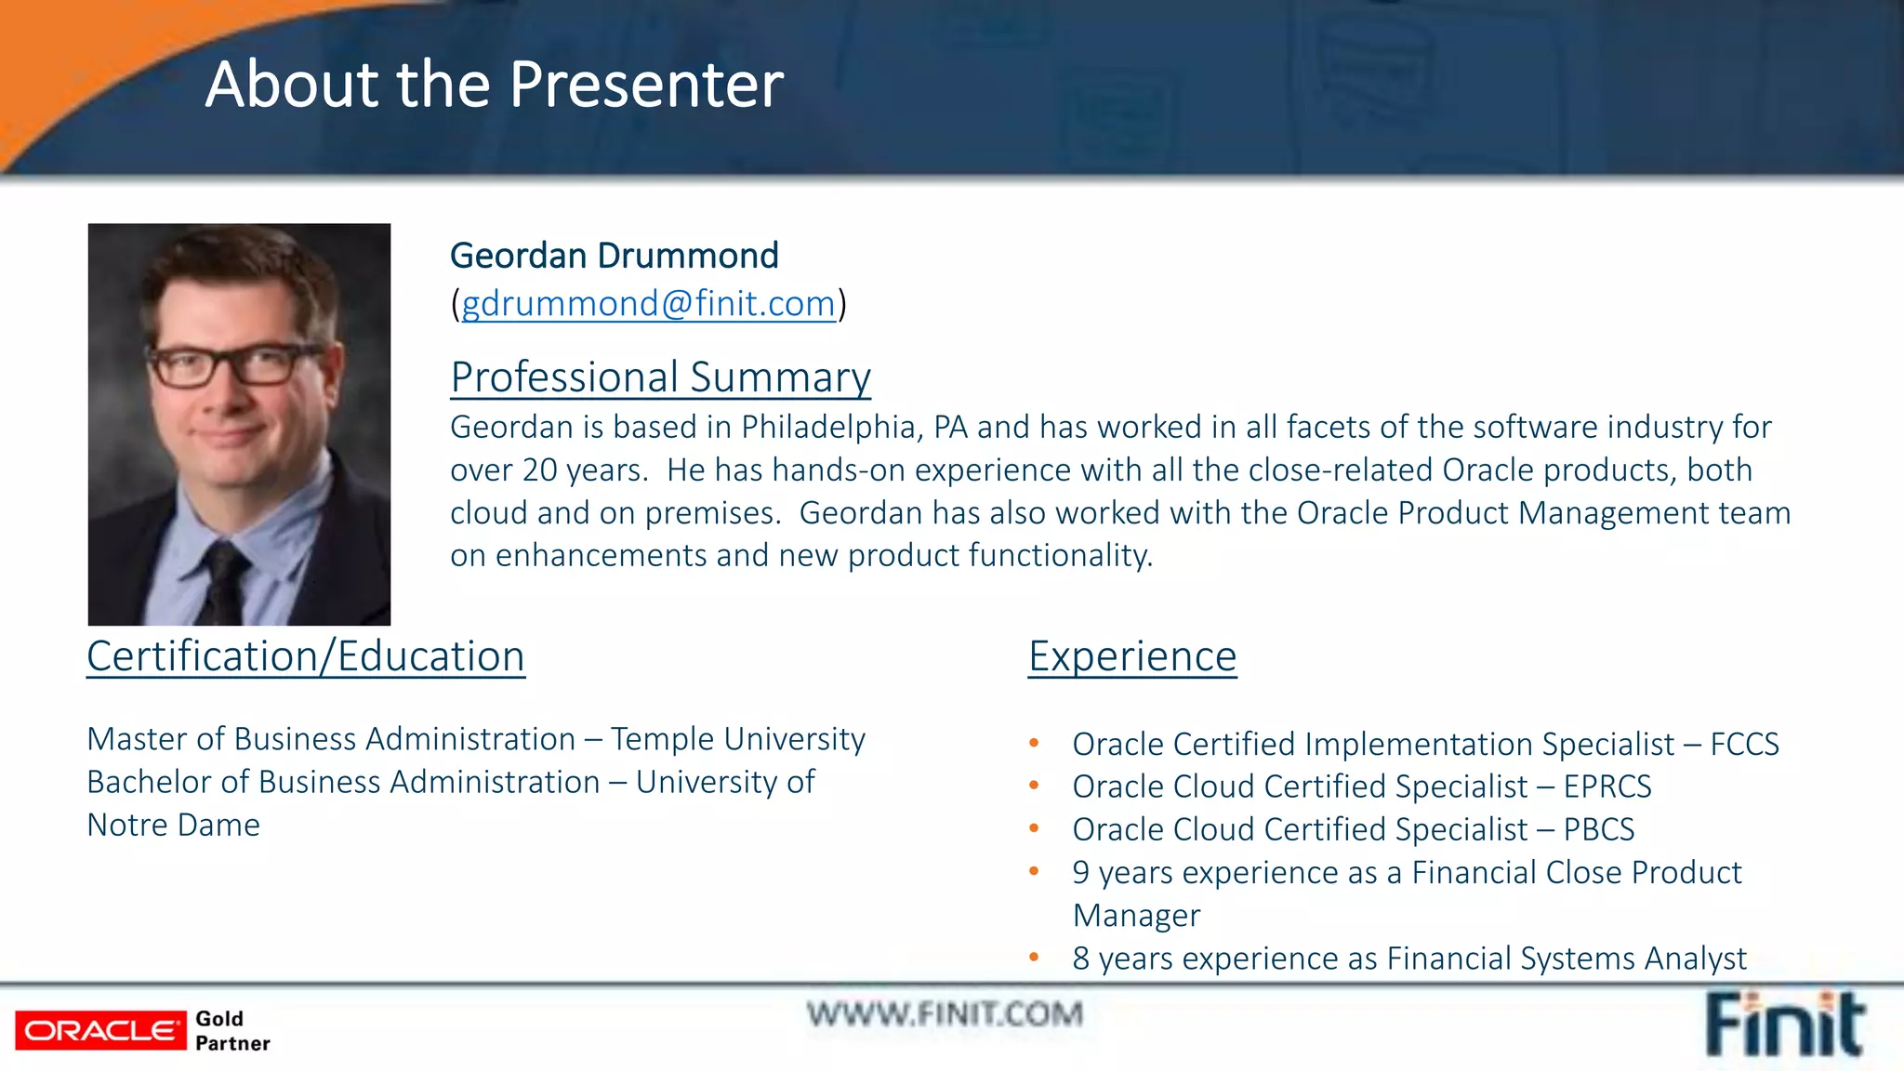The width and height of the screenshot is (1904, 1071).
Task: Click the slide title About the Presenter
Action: (x=494, y=85)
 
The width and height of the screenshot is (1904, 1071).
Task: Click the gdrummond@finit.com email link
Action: (x=648, y=304)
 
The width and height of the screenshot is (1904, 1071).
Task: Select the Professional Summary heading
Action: (x=660, y=377)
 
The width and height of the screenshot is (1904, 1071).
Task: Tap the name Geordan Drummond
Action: (x=614, y=256)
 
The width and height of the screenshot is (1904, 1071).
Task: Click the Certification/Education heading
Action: (x=306, y=656)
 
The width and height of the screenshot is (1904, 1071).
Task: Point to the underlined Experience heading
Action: (x=1131, y=656)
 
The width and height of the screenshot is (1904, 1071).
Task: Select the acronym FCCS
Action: (x=1744, y=744)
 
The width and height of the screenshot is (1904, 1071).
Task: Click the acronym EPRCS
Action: (x=1606, y=787)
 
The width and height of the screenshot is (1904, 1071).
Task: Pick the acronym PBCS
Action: (x=1598, y=829)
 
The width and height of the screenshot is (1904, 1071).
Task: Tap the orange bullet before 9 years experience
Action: (x=1034, y=871)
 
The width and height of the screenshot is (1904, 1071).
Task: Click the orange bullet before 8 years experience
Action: (x=1034, y=957)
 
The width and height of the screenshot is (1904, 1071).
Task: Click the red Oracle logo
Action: (x=100, y=1031)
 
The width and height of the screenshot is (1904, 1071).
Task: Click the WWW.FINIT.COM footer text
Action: (x=945, y=1013)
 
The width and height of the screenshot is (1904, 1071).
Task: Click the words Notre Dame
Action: (x=173, y=826)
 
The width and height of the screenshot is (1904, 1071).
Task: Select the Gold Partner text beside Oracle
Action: (x=231, y=1031)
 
